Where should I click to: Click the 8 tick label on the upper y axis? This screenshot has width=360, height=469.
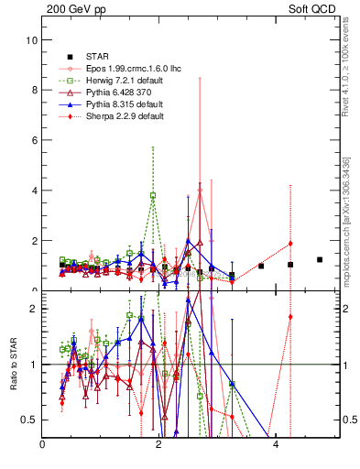(33, 91)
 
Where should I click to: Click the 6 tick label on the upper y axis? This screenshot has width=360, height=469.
(33, 141)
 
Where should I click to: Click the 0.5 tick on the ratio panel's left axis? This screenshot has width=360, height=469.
(28, 420)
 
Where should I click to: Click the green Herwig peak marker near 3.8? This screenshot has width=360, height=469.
(153, 195)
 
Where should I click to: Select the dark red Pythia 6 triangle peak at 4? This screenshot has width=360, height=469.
(200, 191)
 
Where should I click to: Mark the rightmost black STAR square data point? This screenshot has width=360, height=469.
(320, 259)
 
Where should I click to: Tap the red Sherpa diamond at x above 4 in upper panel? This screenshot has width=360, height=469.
(290, 243)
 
